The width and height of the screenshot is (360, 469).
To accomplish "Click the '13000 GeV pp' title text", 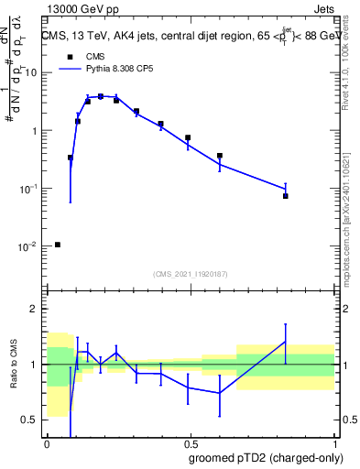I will click(81, 9).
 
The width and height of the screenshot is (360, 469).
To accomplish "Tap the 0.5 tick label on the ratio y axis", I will click(31, 420).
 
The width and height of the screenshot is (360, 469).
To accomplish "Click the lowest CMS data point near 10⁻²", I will click(58, 245).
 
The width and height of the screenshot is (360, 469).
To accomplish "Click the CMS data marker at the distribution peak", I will click(101, 96).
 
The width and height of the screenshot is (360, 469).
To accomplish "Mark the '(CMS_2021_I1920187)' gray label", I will click(191, 273).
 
